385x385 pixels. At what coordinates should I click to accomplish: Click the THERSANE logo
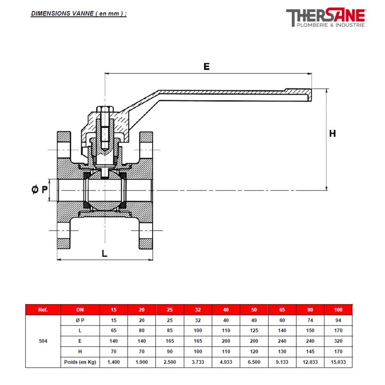pos(326,18)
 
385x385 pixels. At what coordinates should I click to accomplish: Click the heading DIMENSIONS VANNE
pos(79,13)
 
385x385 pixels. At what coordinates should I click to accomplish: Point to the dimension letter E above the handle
pos(206,67)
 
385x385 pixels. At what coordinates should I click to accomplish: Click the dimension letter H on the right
pos(333,133)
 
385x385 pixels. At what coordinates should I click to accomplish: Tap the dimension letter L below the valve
pos(104,253)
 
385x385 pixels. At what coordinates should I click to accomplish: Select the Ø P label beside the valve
pos(40,190)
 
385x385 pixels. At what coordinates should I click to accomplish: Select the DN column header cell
pos(80,310)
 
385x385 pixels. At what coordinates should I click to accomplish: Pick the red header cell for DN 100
pos(338,310)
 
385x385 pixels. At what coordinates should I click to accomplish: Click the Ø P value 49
pos(254,320)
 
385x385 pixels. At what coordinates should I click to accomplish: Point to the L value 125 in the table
pos(254,331)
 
